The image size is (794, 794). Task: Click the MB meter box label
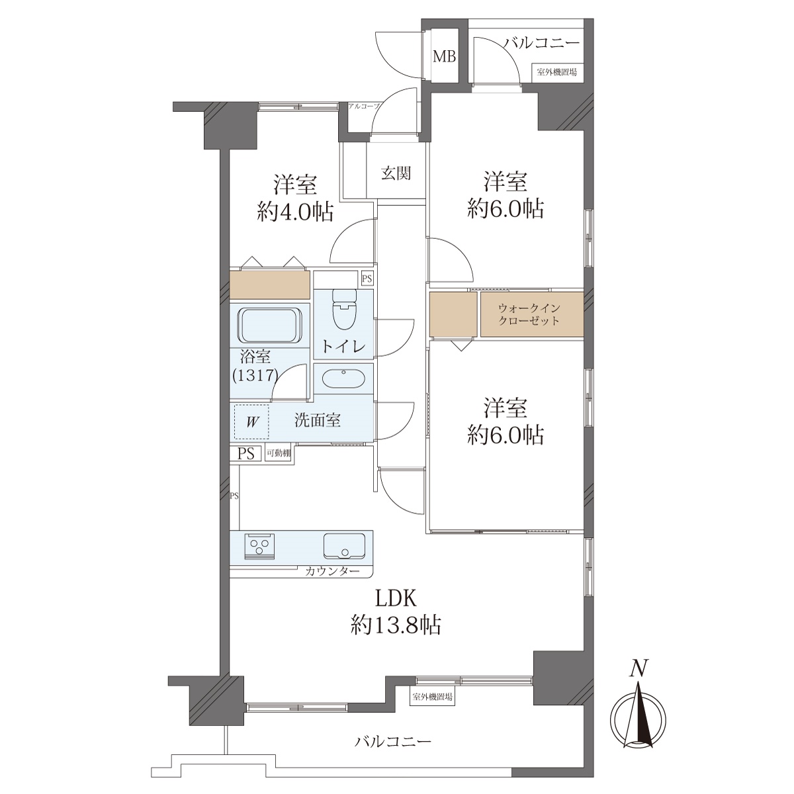pyautogui.click(x=444, y=57)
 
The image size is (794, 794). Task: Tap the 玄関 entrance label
pyautogui.click(x=396, y=173)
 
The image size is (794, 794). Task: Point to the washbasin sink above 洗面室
pyautogui.click(x=343, y=378)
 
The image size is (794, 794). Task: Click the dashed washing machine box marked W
pyautogui.click(x=251, y=422)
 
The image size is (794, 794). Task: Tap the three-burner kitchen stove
pyautogui.click(x=259, y=547)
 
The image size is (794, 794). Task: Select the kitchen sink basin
pyautogui.click(x=344, y=547)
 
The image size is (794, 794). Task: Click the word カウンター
pyautogui.click(x=332, y=571)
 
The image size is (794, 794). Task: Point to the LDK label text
pyautogui.click(x=396, y=599)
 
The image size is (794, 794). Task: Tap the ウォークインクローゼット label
pyautogui.click(x=529, y=314)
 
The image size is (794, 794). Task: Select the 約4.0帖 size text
pyautogui.click(x=295, y=212)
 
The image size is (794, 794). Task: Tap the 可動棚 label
pyautogui.click(x=279, y=454)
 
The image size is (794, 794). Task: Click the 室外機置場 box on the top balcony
pyautogui.click(x=556, y=73)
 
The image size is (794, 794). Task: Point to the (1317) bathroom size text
pyautogui.click(x=255, y=375)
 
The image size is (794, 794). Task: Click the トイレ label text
pyautogui.click(x=343, y=347)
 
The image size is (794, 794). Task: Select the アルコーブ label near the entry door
pyautogui.click(x=363, y=106)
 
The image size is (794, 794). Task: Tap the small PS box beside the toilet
pyautogui.click(x=367, y=279)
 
